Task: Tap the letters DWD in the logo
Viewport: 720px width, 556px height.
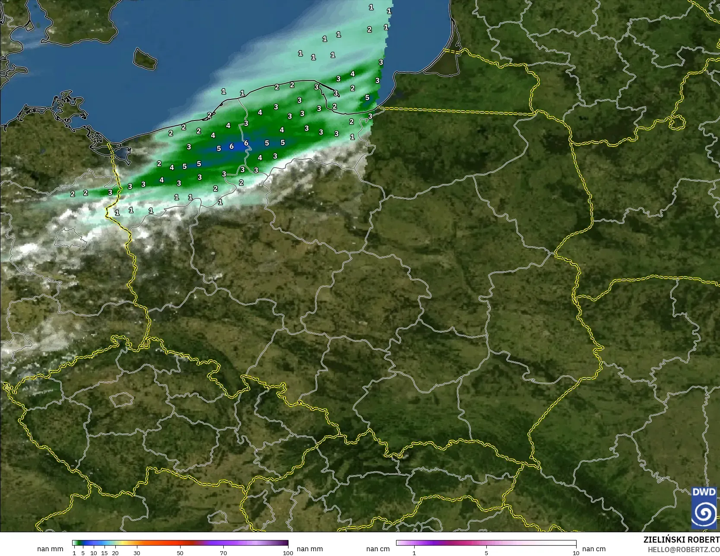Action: click(x=704, y=492)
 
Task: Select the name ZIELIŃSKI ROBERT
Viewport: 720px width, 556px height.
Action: click(x=681, y=540)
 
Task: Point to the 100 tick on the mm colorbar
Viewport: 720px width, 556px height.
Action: click(x=288, y=553)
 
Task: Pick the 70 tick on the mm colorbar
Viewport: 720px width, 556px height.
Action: click(x=223, y=553)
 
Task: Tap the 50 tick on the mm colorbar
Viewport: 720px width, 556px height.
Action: click(x=180, y=553)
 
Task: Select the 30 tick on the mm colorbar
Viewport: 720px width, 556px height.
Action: click(x=137, y=553)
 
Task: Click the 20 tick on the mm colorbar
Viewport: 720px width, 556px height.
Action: click(x=115, y=553)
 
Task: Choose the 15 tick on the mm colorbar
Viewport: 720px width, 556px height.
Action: click(x=105, y=553)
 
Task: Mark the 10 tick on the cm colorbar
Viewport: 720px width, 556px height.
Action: click(x=576, y=553)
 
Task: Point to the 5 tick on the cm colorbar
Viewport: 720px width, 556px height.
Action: click(x=486, y=553)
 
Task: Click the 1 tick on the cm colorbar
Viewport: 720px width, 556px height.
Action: click(x=414, y=553)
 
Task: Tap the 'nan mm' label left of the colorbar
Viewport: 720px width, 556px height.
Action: click(x=50, y=549)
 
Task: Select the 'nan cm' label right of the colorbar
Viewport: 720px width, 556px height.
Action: click(x=594, y=549)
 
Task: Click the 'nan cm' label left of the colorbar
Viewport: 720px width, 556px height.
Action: click(x=378, y=549)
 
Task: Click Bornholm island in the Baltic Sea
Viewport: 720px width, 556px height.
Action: click(x=145, y=59)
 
